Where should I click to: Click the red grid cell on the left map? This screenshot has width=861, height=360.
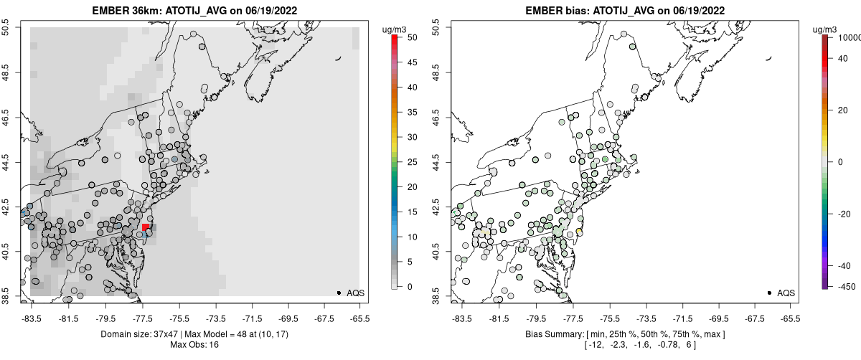pos(146,227)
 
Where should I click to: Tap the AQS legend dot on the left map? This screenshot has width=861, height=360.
pos(339,293)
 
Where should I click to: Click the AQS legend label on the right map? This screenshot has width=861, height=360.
pos(786,293)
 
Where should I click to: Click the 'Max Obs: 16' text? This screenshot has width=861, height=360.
pos(194,345)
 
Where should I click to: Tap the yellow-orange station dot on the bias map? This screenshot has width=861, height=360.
pos(579,232)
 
